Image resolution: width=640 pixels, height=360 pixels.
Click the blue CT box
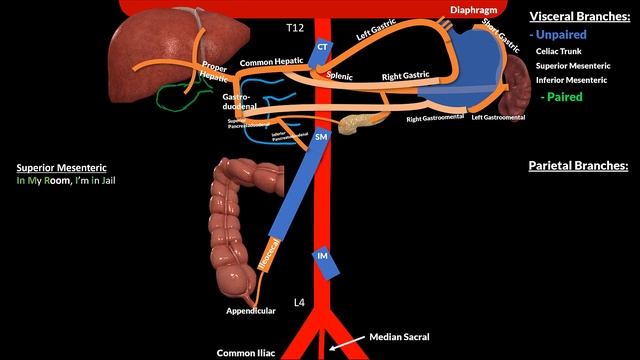322,47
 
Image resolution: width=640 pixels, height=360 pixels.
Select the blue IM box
323,257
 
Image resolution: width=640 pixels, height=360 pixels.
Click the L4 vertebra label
298,301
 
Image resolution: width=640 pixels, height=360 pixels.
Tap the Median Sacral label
400,337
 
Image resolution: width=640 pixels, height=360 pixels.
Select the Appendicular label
251,310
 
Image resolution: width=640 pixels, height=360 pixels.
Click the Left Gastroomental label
498,118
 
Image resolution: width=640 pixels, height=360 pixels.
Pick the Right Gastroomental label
435,118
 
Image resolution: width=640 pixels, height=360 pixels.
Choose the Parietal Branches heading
578,165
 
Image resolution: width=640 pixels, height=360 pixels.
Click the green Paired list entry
563,97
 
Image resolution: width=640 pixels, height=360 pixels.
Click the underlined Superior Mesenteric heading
62,168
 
